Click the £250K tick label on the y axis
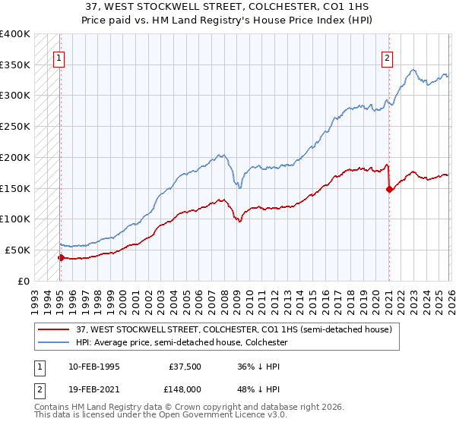click(x=15, y=126)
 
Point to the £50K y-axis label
click(x=17, y=250)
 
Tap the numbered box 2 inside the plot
click(x=387, y=57)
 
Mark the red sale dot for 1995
click(x=61, y=257)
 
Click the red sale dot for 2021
click(x=389, y=189)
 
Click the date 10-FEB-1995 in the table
click(x=93, y=367)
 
